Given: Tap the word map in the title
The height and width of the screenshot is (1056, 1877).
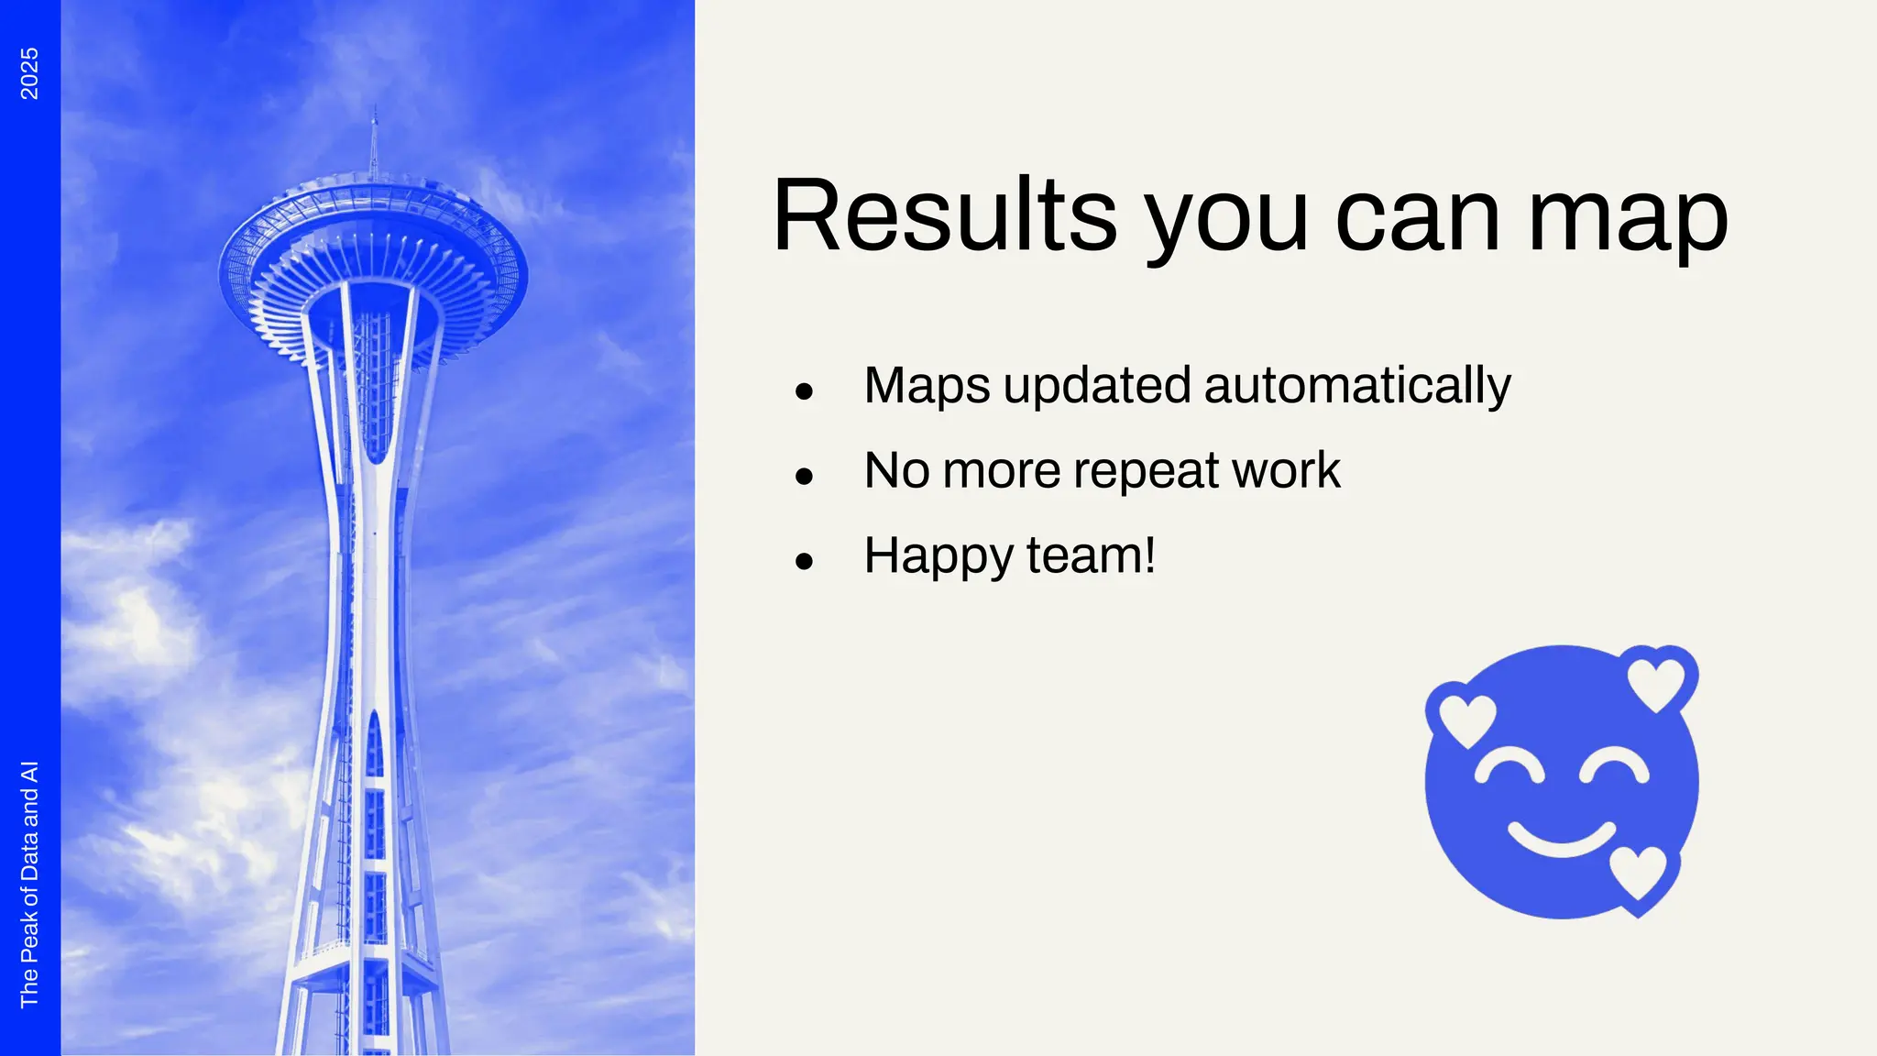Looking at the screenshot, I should click(x=1627, y=220).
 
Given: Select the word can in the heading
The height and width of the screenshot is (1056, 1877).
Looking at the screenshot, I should click(x=1417, y=220).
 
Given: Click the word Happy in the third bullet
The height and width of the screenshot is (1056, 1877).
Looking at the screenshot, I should click(x=938, y=556).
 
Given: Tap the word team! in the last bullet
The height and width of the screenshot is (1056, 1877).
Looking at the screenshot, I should click(x=1091, y=555).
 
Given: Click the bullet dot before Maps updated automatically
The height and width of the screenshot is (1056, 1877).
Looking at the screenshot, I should click(x=805, y=391).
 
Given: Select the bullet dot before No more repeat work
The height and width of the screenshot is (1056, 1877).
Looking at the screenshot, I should click(x=805, y=476).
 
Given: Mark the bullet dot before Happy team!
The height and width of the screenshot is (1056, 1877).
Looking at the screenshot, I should click(x=805, y=561).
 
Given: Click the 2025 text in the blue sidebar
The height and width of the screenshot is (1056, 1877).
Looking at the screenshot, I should click(x=29, y=73).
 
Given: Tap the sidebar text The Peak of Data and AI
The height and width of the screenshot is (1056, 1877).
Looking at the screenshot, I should click(x=29, y=884).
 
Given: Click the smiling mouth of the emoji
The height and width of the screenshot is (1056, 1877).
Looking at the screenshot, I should click(x=1562, y=838).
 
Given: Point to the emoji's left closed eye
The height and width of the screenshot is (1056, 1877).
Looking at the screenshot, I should click(x=1509, y=768).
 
